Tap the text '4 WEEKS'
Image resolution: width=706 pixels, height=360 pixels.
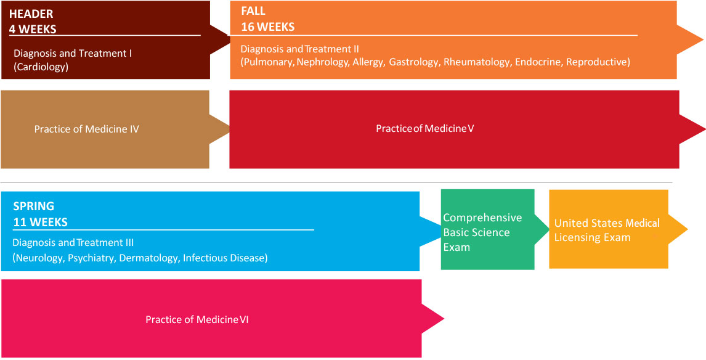click(33, 28)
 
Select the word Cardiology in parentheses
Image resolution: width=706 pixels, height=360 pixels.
click(41, 67)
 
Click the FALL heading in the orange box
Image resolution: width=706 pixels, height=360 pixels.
click(253, 11)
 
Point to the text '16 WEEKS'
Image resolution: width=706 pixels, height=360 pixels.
click(268, 27)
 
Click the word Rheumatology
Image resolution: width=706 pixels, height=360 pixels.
click(477, 62)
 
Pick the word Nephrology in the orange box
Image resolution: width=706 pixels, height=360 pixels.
click(322, 62)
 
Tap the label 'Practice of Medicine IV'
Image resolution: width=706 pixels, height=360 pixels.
click(86, 129)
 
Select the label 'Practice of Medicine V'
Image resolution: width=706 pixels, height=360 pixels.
click(424, 128)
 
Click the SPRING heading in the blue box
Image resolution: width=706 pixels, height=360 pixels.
click(34, 206)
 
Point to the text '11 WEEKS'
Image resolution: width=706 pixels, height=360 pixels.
click(41, 222)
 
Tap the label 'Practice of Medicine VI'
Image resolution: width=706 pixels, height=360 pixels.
click(197, 319)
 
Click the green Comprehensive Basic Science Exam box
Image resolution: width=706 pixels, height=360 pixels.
click(487, 229)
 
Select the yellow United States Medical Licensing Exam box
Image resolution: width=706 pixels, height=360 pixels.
click(607, 229)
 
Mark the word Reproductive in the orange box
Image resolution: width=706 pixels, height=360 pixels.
click(598, 62)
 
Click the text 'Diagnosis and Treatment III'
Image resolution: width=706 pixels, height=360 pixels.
click(73, 243)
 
